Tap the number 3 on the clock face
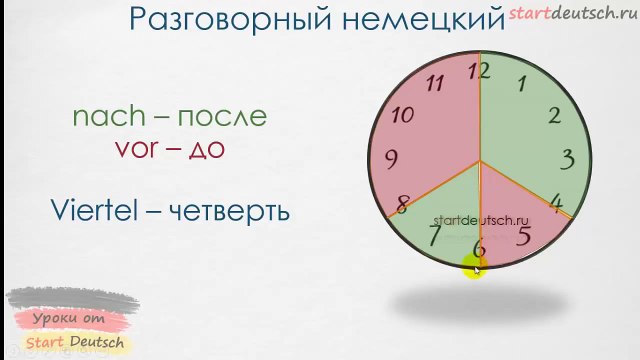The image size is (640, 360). (567, 158)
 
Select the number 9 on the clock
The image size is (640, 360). (391, 158)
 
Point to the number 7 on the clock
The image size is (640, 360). (434, 236)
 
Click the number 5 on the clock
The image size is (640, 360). (524, 236)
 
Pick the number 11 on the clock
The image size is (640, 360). (434, 83)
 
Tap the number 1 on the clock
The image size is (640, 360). (521, 84)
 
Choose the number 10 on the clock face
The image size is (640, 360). (402, 114)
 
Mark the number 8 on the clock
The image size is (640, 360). (402, 206)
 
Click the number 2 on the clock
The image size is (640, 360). (554, 114)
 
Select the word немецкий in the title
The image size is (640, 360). (420, 19)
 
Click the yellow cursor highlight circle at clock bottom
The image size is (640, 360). (474, 266)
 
